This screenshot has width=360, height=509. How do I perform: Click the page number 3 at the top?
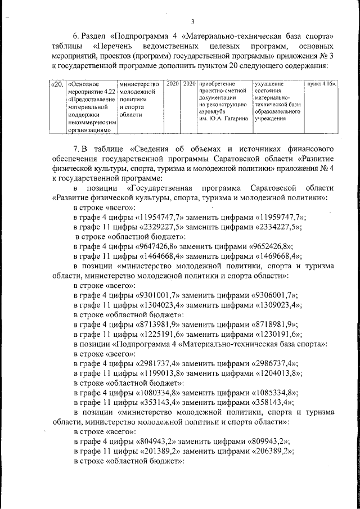click(x=192, y=22)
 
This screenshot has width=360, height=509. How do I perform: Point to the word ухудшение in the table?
click(x=269, y=84)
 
